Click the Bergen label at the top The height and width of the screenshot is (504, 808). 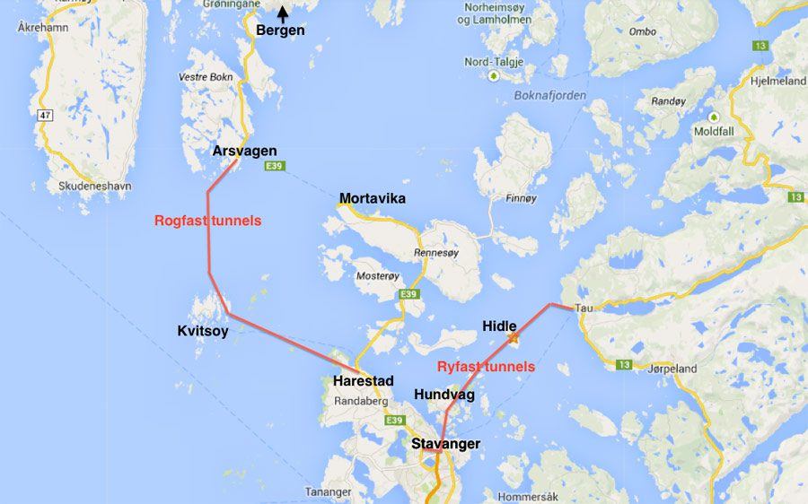[x=280, y=30]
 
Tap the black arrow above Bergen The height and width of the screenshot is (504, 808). [x=282, y=13]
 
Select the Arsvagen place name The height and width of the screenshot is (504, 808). [x=244, y=151]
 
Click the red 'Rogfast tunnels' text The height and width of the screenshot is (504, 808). [x=207, y=221]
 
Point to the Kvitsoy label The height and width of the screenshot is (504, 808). [x=203, y=331]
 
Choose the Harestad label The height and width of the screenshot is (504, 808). [x=363, y=381]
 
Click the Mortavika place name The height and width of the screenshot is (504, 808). [x=372, y=198]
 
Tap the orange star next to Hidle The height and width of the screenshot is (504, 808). [x=514, y=339]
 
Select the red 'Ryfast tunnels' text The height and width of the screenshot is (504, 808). [x=486, y=367]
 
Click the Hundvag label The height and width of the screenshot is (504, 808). [x=444, y=395]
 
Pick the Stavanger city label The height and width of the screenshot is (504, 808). [x=445, y=444]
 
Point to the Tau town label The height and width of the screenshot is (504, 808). [x=584, y=308]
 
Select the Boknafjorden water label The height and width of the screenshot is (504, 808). [x=549, y=95]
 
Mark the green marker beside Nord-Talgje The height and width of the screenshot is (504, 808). [x=493, y=76]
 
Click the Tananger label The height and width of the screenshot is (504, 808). [x=328, y=492]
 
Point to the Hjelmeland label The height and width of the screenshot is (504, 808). [x=778, y=80]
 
